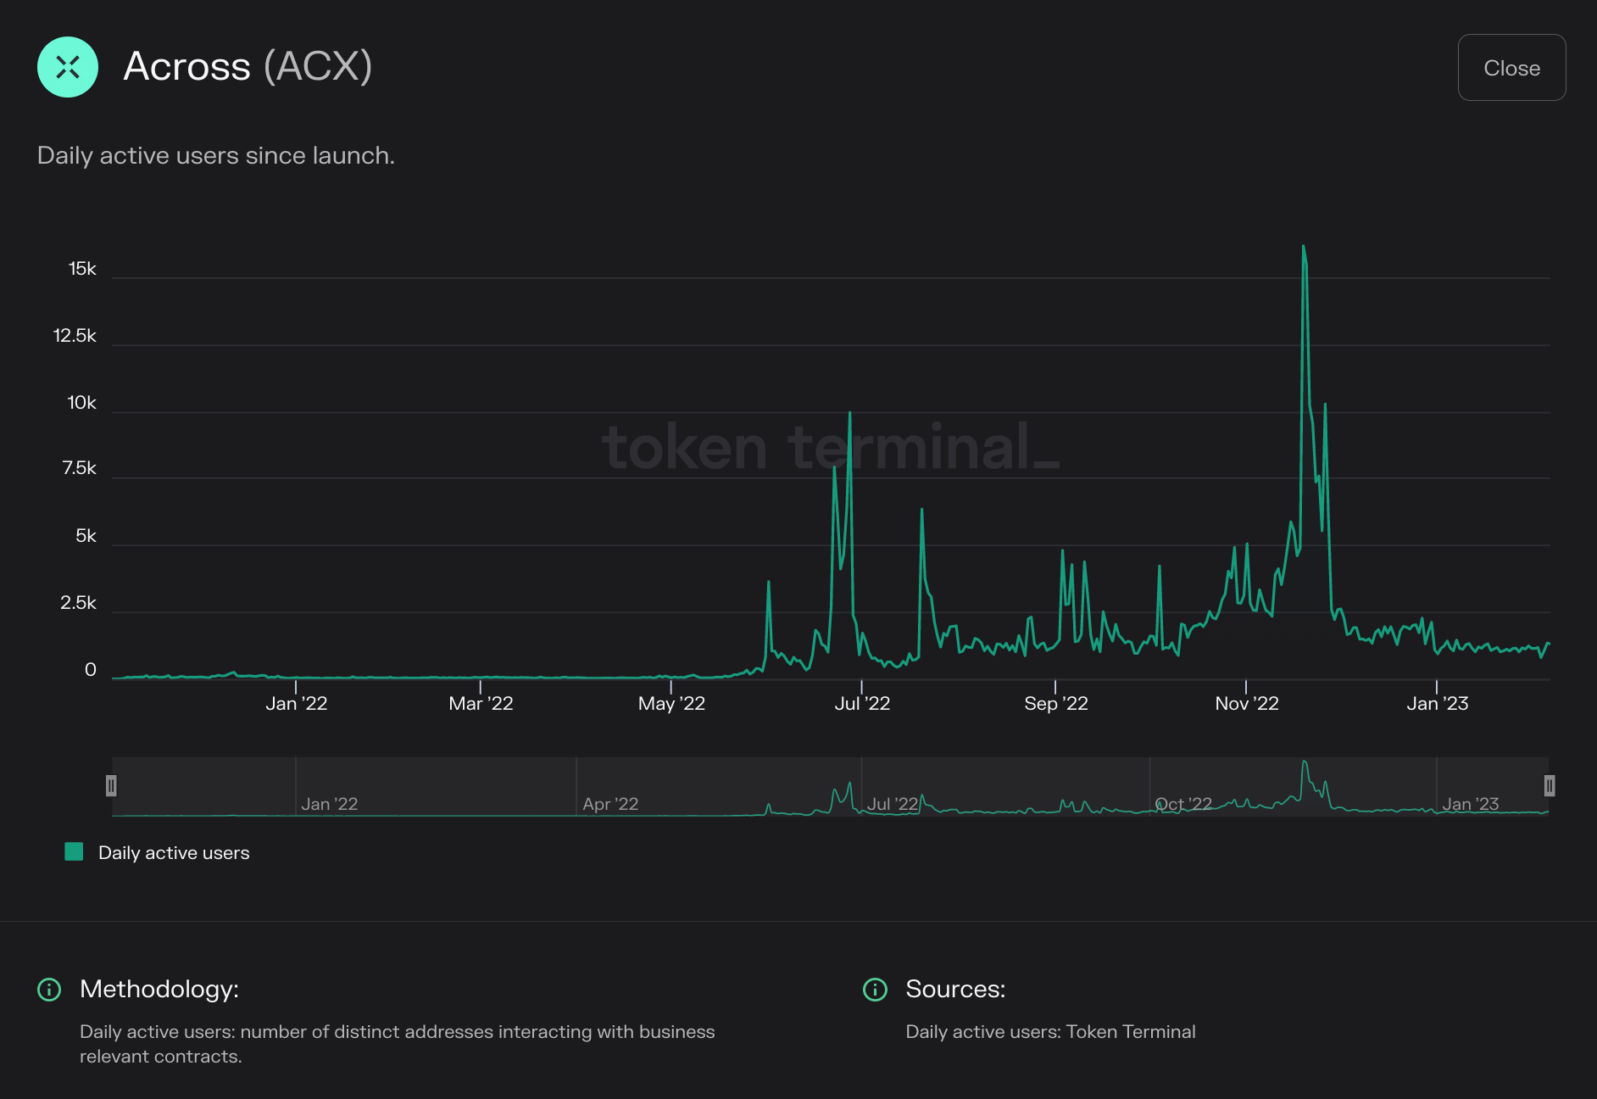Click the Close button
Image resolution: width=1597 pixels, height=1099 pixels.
(1511, 68)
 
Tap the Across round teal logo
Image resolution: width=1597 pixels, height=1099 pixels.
(68, 67)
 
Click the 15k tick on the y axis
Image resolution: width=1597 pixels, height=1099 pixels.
(82, 269)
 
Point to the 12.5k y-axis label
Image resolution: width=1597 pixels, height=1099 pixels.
(75, 336)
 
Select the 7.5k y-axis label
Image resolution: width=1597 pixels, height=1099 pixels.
(79, 468)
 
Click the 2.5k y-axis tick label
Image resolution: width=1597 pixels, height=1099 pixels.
(78, 603)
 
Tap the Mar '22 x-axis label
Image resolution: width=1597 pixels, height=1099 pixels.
(481, 703)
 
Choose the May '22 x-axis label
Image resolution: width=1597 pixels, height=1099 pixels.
(671, 703)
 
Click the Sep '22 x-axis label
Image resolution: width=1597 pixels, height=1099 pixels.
(1055, 703)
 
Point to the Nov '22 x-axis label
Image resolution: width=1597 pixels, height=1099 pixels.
(1246, 703)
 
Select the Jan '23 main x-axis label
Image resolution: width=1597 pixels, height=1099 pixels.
(1437, 703)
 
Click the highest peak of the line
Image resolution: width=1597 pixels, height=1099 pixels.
(1303, 247)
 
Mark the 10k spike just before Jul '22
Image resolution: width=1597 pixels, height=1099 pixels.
(849, 414)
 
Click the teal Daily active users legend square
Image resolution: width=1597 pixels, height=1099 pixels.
(74, 852)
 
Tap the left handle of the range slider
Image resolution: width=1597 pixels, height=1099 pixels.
(111, 786)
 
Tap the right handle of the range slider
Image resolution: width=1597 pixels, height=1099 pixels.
(1549, 786)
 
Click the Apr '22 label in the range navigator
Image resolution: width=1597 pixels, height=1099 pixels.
(610, 804)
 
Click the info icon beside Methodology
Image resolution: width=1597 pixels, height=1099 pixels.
(49, 990)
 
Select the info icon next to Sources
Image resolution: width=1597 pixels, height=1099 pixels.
(875, 990)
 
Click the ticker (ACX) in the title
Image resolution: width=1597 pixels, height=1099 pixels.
(318, 66)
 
